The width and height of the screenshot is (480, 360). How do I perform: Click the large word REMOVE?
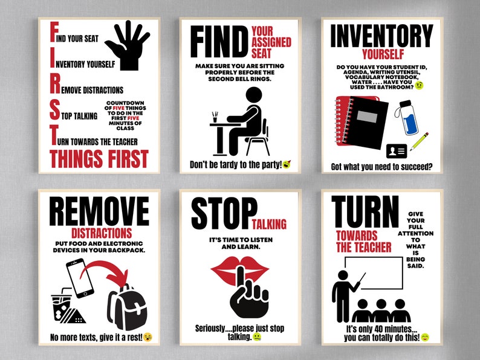coord(99,211)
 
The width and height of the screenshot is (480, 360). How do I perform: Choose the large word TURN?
coord(366,213)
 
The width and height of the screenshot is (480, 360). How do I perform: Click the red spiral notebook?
coord(357,121)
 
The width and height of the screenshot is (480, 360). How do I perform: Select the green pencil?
coord(419,141)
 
